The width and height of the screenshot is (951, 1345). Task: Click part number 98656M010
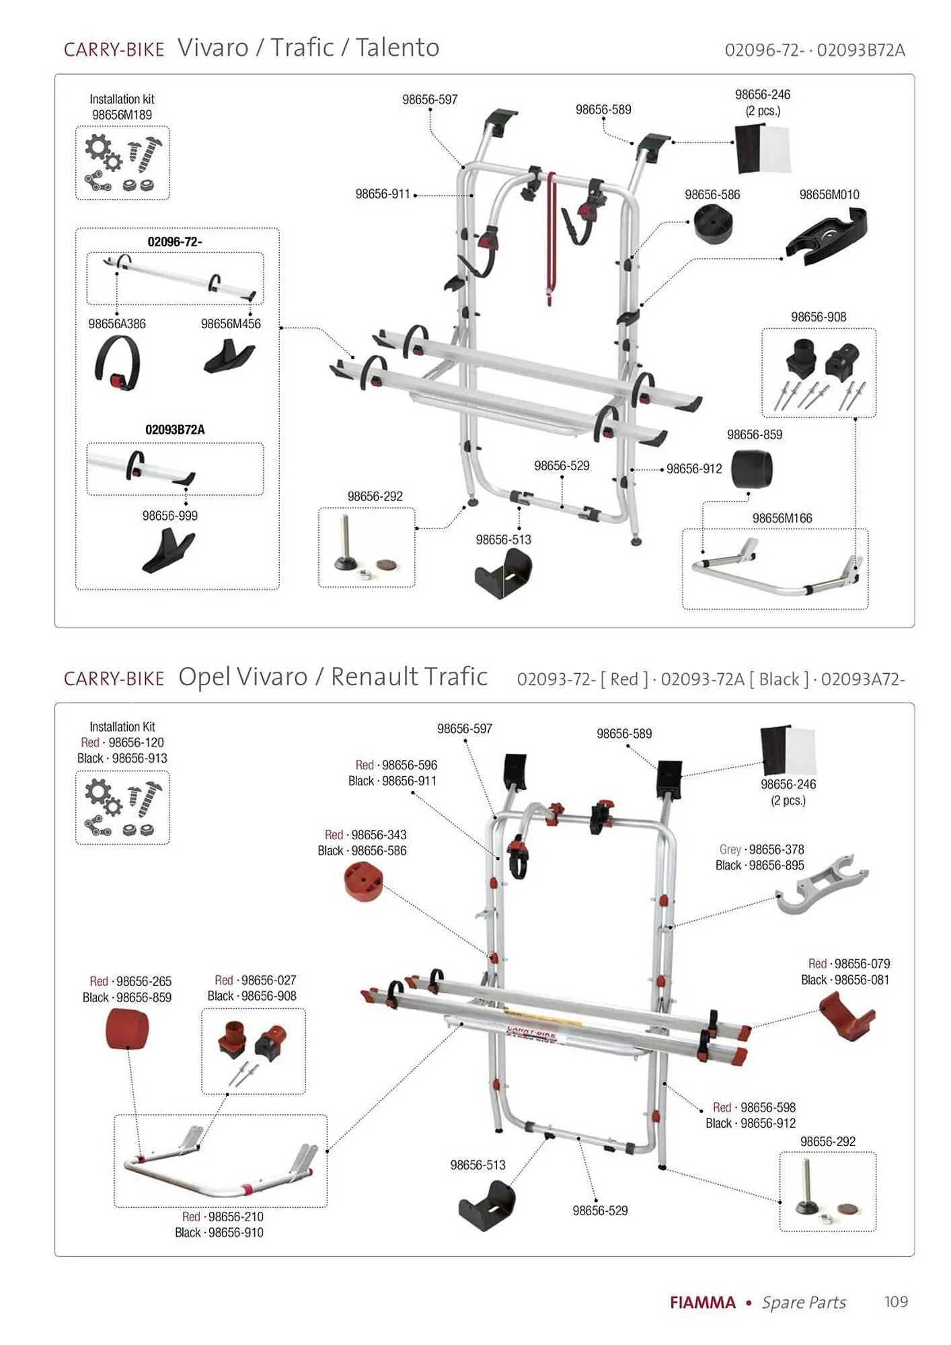tap(829, 195)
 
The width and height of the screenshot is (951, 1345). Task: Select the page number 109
tap(896, 1302)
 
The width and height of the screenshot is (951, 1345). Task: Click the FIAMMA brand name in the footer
tap(703, 1303)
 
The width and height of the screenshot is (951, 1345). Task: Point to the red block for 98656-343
tap(363, 881)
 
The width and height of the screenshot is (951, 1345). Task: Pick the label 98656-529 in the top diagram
tap(562, 466)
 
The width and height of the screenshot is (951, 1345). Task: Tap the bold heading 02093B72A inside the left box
tap(175, 430)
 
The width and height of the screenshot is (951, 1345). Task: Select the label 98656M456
tap(231, 324)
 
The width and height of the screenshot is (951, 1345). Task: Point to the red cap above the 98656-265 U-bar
tap(127, 1029)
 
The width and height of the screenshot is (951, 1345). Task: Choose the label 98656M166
tap(782, 518)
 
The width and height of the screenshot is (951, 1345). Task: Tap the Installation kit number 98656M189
tap(122, 115)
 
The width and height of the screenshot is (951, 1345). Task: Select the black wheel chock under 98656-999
tap(167, 551)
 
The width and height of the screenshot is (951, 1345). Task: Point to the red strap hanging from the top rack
tap(551, 235)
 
